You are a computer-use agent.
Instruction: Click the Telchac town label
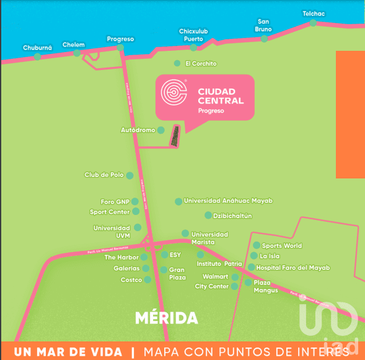click(313, 14)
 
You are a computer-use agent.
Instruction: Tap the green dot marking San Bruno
click(264, 38)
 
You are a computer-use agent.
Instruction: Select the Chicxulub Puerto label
click(193, 35)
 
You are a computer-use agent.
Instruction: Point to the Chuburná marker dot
click(37, 56)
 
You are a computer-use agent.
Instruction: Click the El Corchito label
click(201, 64)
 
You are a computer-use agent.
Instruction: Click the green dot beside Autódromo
click(161, 130)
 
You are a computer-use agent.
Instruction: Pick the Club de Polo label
click(104, 175)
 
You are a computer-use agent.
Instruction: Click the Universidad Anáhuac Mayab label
click(228, 201)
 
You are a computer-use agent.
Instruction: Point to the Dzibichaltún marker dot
click(208, 215)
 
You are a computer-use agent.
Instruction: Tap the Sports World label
click(282, 246)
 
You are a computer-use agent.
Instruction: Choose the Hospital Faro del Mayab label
click(293, 268)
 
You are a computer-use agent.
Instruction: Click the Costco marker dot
click(147, 280)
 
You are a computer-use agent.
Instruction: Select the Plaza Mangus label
click(266, 286)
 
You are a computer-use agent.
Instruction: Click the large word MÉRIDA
click(166, 318)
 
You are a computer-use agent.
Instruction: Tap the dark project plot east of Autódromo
click(177, 136)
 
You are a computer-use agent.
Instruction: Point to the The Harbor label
click(121, 257)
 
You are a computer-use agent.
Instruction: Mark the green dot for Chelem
click(77, 53)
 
